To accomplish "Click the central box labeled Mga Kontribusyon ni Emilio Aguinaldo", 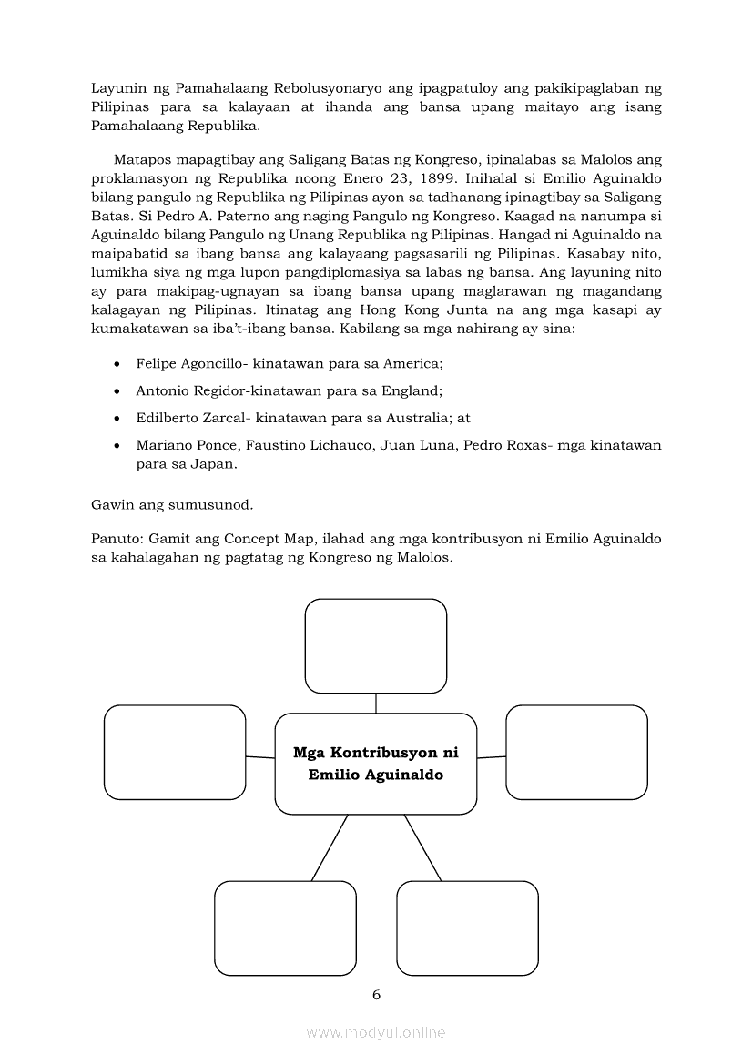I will [375, 764].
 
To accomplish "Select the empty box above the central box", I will [375, 645].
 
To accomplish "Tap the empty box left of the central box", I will [175, 752].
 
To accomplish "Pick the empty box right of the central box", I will [576, 752].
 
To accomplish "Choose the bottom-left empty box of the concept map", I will [285, 927].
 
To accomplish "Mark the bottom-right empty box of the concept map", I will [467, 927].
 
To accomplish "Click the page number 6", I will [376, 994].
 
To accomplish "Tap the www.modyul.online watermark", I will [376, 1032].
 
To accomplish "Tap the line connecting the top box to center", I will [375, 704].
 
